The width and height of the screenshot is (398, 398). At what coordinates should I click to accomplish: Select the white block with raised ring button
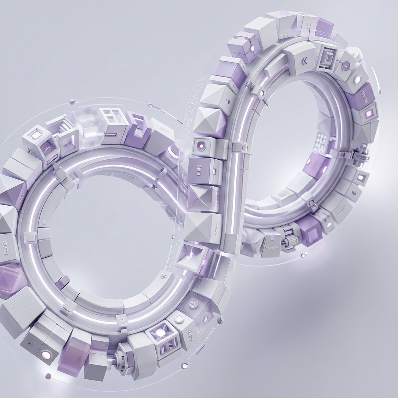(x=179, y=319)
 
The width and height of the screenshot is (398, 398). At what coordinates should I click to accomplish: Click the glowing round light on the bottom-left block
(x=45, y=354)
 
